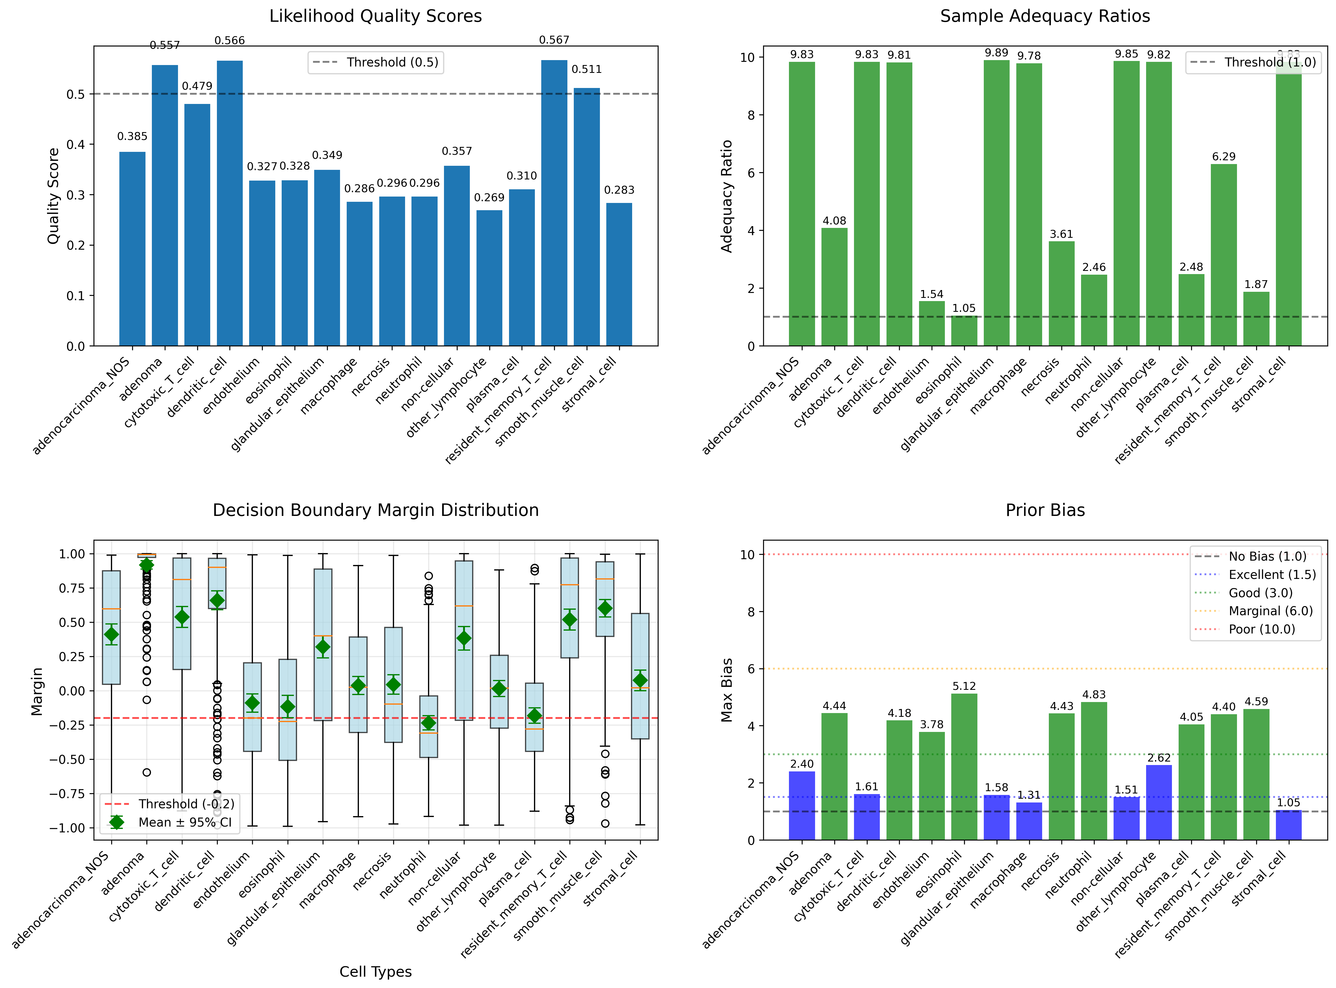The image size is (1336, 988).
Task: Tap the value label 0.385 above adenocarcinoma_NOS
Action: click(132, 136)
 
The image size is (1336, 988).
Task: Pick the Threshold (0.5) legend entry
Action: click(375, 62)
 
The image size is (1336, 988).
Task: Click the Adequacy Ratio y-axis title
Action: click(726, 196)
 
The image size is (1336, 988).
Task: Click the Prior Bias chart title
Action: click(1045, 510)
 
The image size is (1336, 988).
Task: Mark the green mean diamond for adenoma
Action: click(147, 565)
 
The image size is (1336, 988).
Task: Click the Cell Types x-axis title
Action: click(375, 972)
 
